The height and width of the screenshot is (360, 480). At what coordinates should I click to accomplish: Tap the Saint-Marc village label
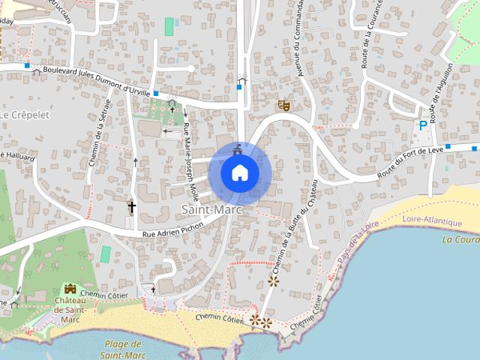click(x=211, y=210)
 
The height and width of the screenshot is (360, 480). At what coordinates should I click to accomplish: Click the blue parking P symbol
click(x=423, y=125)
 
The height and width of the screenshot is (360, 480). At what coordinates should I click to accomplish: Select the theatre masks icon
click(x=283, y=105)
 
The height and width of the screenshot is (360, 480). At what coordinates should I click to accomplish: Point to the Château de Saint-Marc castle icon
click(x=70, y=289)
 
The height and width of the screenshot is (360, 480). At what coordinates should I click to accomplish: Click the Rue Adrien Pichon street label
click(x=173, y=235)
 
